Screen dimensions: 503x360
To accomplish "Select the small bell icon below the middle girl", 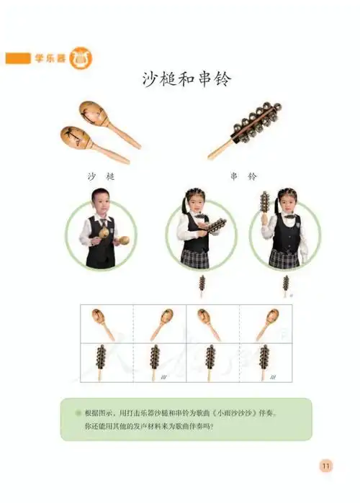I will pyautogui.click(x=202, y=284).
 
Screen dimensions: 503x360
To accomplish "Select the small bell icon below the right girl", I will pyautogui.click(x=286, y=284).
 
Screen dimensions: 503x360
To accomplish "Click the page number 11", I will pyautogui.click(x=326, y=466).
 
